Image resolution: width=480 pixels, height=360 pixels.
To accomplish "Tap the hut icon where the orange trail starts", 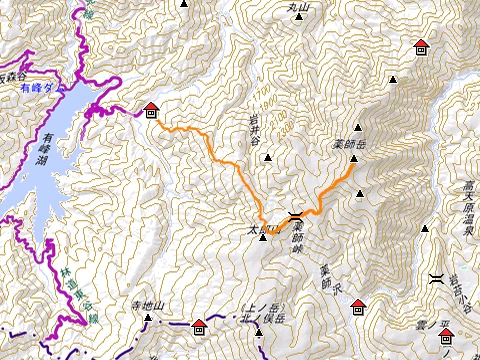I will pyautogui.click(x=151, y=109).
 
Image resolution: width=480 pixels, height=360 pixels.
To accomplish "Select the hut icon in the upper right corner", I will pyautogui.click(x=420, y=46).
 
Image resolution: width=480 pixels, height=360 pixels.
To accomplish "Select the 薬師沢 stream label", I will pyautogui.click(x=324, y=271).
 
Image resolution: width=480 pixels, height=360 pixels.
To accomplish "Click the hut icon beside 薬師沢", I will pyautogui.click(x=358, y=306).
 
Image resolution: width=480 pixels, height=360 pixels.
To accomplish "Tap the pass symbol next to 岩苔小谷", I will pyautogui.click(x=437, y=279).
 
